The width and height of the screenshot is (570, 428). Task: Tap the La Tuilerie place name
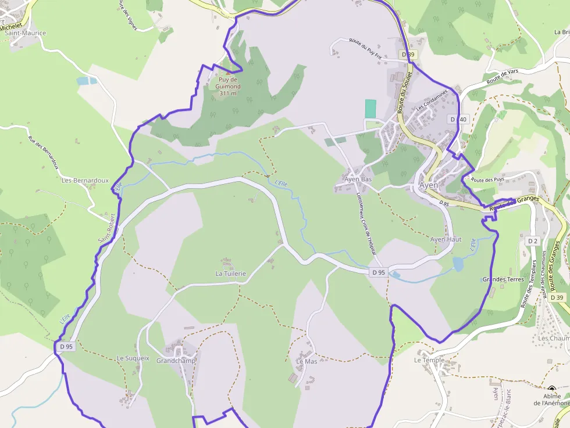pyautogui.click(x=231, y=273)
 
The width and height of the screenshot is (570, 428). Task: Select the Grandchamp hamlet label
pyautogui.click(x=176, y=360)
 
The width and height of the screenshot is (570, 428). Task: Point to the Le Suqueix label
pyautogui.click(x=133, y=358)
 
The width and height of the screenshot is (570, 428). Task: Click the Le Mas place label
pyautogui.click(x=307, y=361)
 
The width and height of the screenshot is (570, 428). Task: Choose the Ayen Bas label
pyautogui.click(x=358, y=179)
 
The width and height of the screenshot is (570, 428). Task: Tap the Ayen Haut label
pyautogui.click(x=446, y=239)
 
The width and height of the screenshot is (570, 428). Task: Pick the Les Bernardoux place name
pyautogui.click(x=85, y=180)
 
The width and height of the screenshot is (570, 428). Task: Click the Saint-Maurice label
pyautogui.click(x=25, y=33)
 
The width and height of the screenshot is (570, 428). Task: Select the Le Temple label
pyautogui.click(x=429, y=360)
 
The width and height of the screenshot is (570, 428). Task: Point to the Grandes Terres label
pyautogui.click(x=503, y=279)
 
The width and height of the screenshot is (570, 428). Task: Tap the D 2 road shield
pyautogui.click(x=533, y=240)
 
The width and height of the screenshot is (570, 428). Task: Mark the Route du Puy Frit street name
pyautogui.click(x=365, y=48)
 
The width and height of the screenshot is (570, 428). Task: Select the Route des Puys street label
pyautogui.click(x=487, y=180)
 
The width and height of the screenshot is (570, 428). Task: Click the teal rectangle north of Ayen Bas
pyautogui.click(x=370, y=109)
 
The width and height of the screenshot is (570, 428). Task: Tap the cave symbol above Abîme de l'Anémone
pyautogui.click(x=551, y=390)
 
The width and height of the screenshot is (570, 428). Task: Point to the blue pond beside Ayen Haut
pyautogui.click(x=458, y=264)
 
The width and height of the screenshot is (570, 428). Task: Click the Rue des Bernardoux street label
pyautogui.click(x=44, y=152)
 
